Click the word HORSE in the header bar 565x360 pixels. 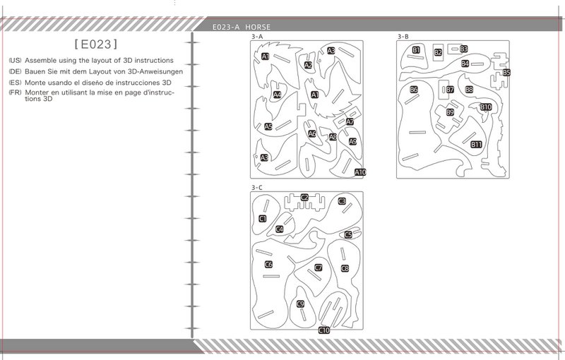click(258, 27)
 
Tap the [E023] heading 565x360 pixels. click(96, 44)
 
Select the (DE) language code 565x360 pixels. click(15, 71)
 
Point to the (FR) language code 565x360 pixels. click(15, 92)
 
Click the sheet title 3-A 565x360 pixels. click(257, 37)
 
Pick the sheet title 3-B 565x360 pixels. click(403, 37)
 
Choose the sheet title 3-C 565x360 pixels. click(257, 188)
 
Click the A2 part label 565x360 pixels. click(308, 65)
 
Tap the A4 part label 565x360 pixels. click(277, 95)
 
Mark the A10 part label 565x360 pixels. click(360, 172)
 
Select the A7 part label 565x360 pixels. click(350, 121)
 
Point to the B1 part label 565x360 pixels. click(416, 50)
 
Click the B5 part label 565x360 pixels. click(506, 73)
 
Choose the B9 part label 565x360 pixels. click(450, 112)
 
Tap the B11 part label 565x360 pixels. click(476, 145)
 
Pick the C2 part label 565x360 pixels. click(304, 197)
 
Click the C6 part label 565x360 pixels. click(268, 265)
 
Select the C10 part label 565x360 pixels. click(324, 330)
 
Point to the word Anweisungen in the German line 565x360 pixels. click(160, 71)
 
